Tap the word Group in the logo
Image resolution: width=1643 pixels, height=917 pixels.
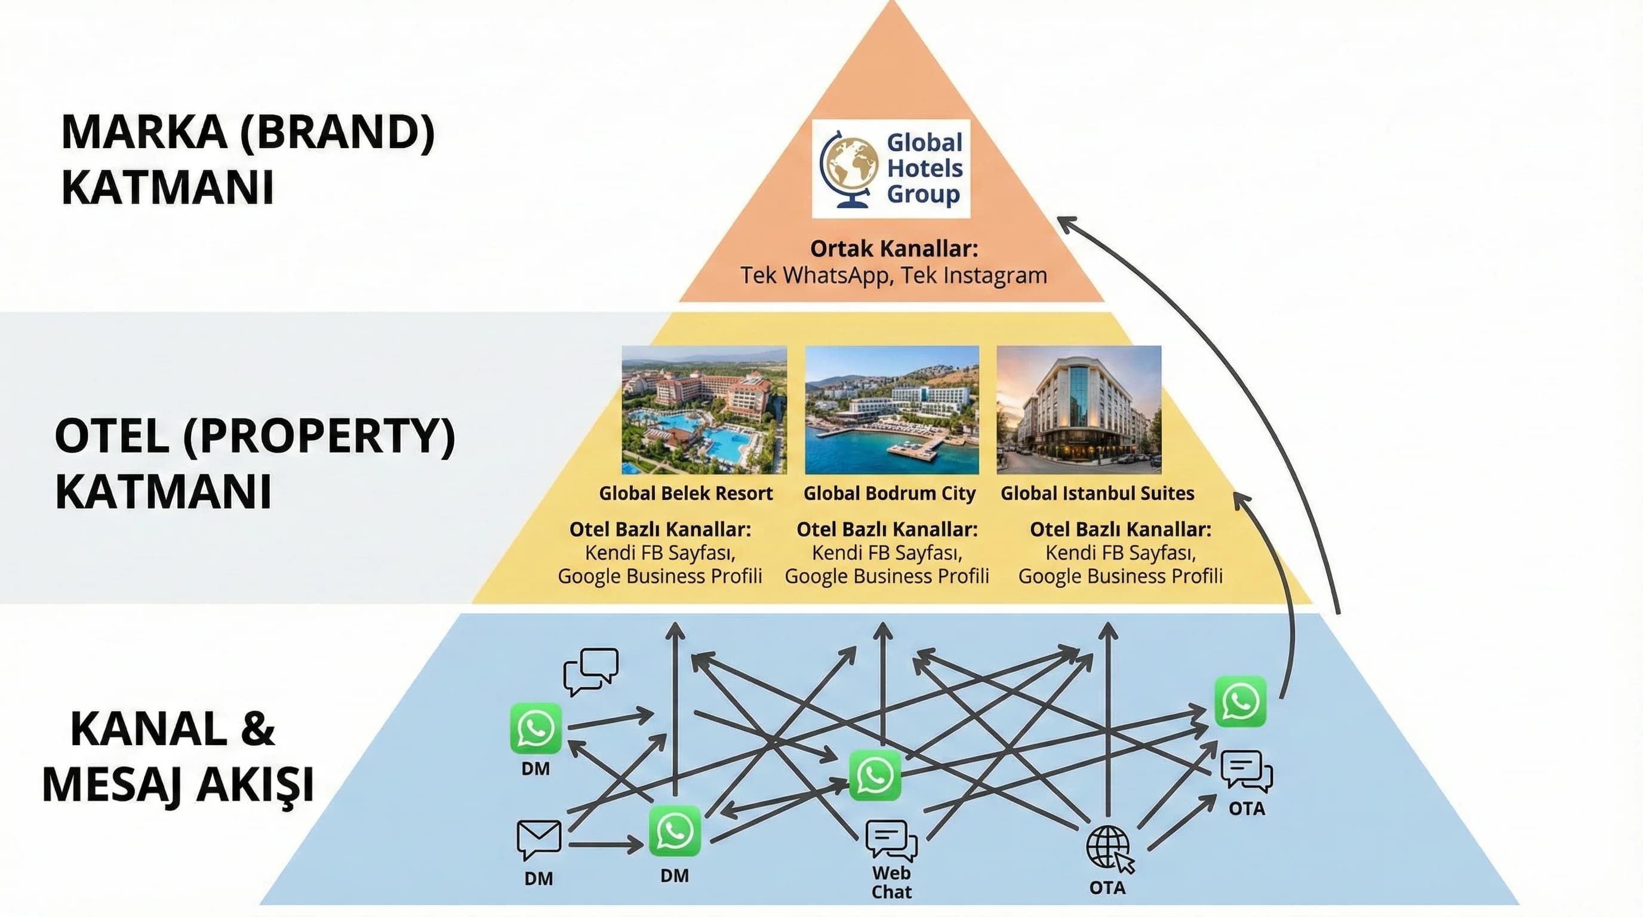[923, 195]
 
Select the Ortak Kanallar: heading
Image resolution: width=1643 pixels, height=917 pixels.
[894, 248]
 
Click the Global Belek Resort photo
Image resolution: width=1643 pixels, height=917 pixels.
[704, 410]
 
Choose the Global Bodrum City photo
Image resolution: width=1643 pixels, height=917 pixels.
[892, 410]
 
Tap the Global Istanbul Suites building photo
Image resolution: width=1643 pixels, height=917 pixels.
[1079, 410]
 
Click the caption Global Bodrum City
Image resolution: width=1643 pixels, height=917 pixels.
[889, 493]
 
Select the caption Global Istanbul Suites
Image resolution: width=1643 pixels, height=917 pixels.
[1097, 493]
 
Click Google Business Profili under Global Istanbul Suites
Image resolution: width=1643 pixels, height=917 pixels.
[1120, 576]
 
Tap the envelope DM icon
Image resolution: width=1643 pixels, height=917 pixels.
[539, 840]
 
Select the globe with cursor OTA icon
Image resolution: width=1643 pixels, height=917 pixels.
[1109, 849]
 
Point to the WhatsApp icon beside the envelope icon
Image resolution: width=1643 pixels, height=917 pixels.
[674, 831]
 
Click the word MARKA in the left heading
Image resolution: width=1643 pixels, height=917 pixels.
[144, 132]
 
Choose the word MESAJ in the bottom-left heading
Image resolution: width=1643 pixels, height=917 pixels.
[112, 784]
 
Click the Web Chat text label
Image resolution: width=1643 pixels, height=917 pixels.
[891, 882]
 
